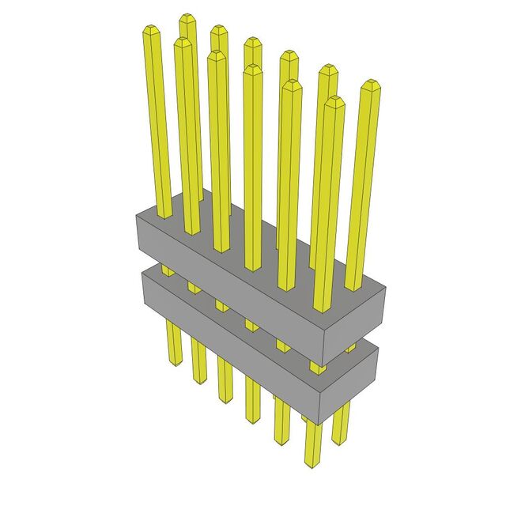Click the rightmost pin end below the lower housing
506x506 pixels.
(x=342, y=440)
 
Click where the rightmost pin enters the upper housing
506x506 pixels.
(x=356, y=288)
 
